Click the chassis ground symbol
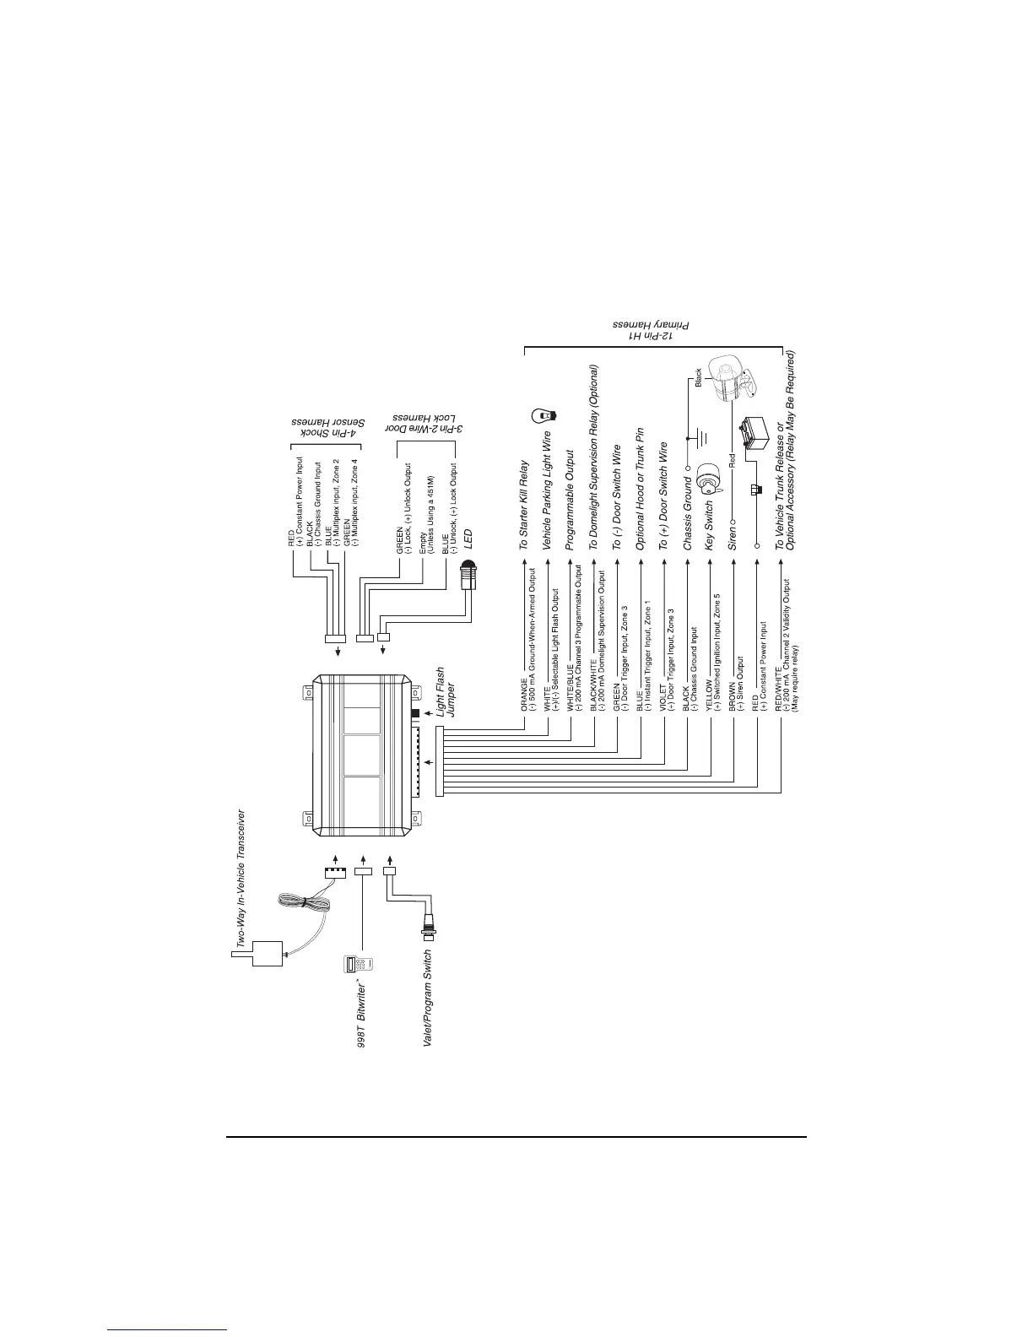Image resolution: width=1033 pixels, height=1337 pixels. click(x=697, y=439)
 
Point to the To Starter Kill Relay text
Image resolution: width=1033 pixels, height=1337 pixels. click(x=524, y=506)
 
